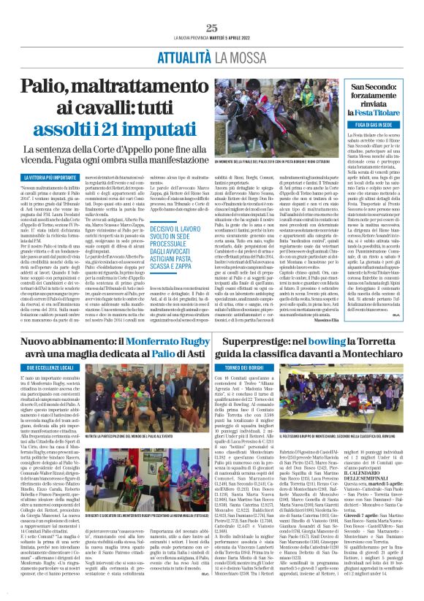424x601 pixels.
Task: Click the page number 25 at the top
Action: click(212, 28)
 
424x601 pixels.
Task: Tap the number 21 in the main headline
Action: click(115, 134)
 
